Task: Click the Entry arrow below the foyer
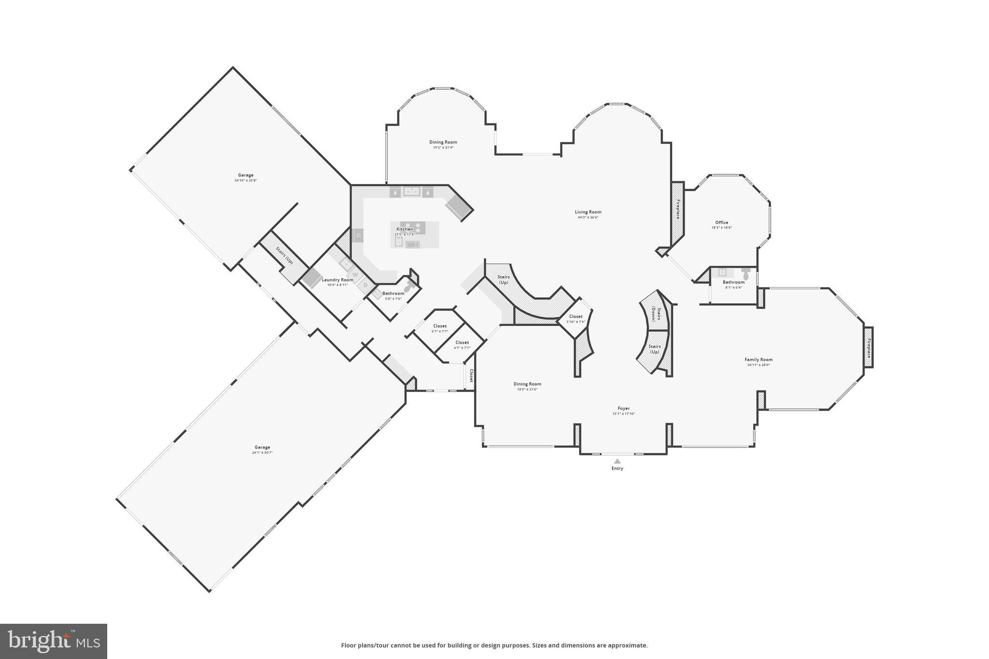pyautogui.click(x=617, y=461)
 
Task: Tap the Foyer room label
pyautogui.click(x=623, y=408)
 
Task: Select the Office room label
pyautogui.click(x=721, y=223)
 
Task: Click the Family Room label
pyautogui.click(x=758, y=360)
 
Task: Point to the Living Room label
pyautogui.click(x=588, y=212)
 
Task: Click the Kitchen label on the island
pyautogui.click(x=405, y=229)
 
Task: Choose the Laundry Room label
pyautogui.click(x=337, y=280)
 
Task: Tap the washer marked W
pyautogui.click(x=355, y=275)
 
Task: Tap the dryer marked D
pyautogui.click(x=366, y=285)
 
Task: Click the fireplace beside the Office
pyautogui.click(x=678, y=209)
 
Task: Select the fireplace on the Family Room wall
pyautogui.click(x=868, y=348)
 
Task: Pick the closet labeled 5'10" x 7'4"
pyautogui.click(x=576, y=319)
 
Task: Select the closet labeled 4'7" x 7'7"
pyautogui.click(x=462, y=345)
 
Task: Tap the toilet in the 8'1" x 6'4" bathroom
pyautogui.click(x=746, y=275)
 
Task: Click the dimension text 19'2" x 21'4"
pyautogui.click(x=443, y=147)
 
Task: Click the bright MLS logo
pyautogui.click(x=54, y=641)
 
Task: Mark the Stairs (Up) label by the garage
pyautogui.click(x=284, y=255)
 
